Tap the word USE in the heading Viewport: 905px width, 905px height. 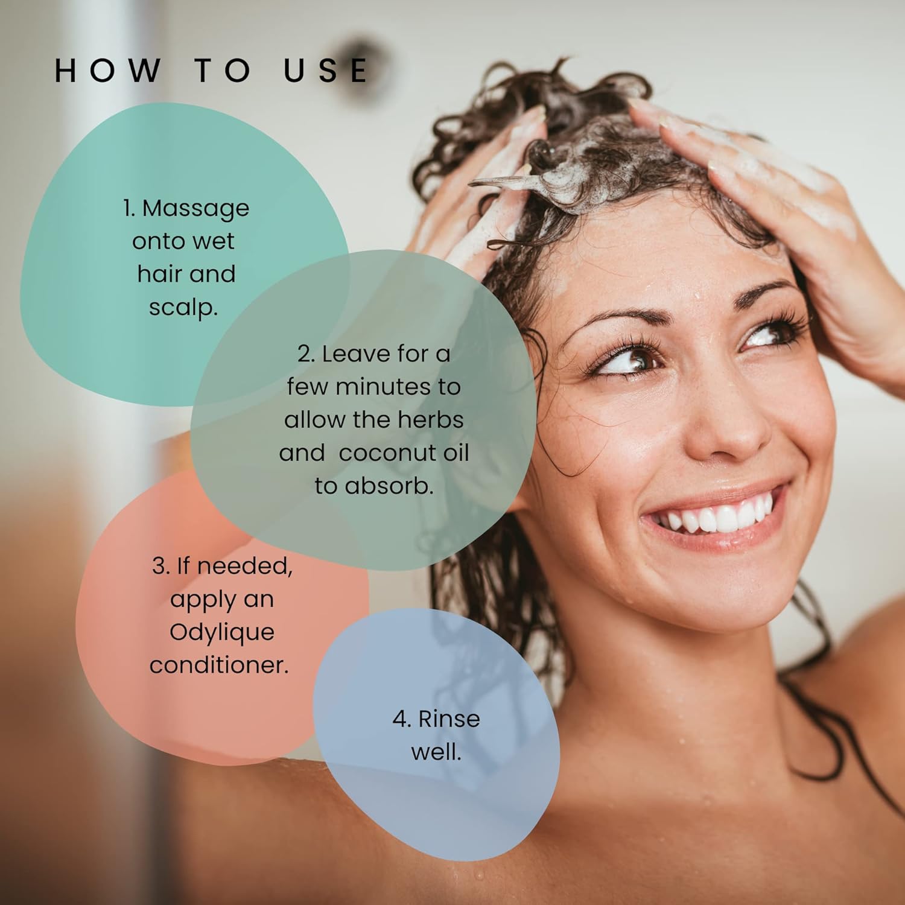[x=325, y=71]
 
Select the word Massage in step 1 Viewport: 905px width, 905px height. [x=195, y=209]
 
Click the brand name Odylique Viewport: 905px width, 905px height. [x=222, y=632]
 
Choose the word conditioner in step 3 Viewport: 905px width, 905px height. [x=219, y=665]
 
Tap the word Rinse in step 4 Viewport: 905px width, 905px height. [x=449, y=719]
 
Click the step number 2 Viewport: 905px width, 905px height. [x=305, y=354]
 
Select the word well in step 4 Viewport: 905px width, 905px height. [x=436, y=752]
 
